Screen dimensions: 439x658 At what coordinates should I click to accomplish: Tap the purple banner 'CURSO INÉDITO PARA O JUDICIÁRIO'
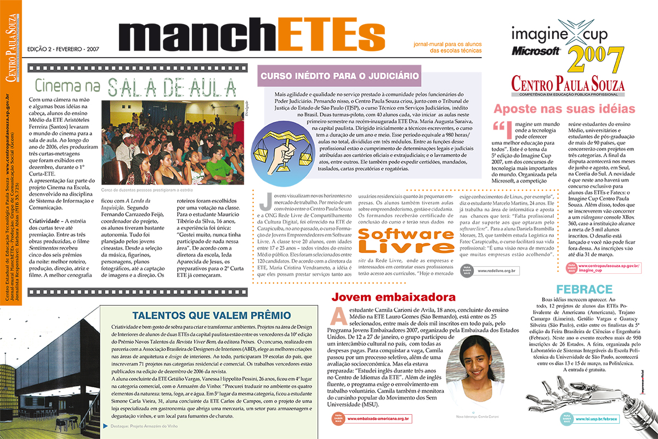point(340,76)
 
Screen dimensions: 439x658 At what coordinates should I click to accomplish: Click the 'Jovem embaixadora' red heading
point(394,297)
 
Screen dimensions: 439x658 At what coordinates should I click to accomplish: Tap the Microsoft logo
point(536,50)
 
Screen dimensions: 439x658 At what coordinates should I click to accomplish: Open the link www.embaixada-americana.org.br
point(379,419)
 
